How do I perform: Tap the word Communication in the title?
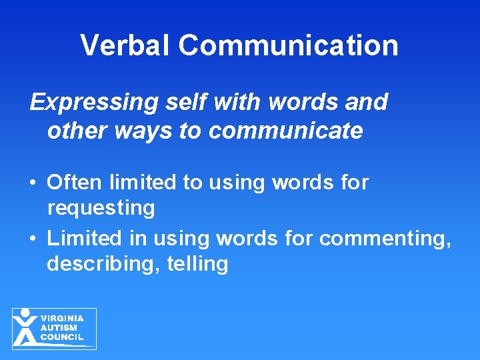tap(289, 45)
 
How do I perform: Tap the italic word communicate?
tap(286, 131)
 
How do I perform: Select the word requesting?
tap(101, 208)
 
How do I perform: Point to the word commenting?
tap(385, 237)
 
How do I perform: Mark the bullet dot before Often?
tap(33, 183)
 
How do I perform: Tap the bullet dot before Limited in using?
tap(33, 238)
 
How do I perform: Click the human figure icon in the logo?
tap(25, 327)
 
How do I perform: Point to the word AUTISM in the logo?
tap(59, 328)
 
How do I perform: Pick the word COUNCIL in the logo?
tap(62, 337)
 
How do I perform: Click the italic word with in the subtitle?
tap(227, 102)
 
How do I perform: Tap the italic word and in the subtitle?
tap(366, 102)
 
